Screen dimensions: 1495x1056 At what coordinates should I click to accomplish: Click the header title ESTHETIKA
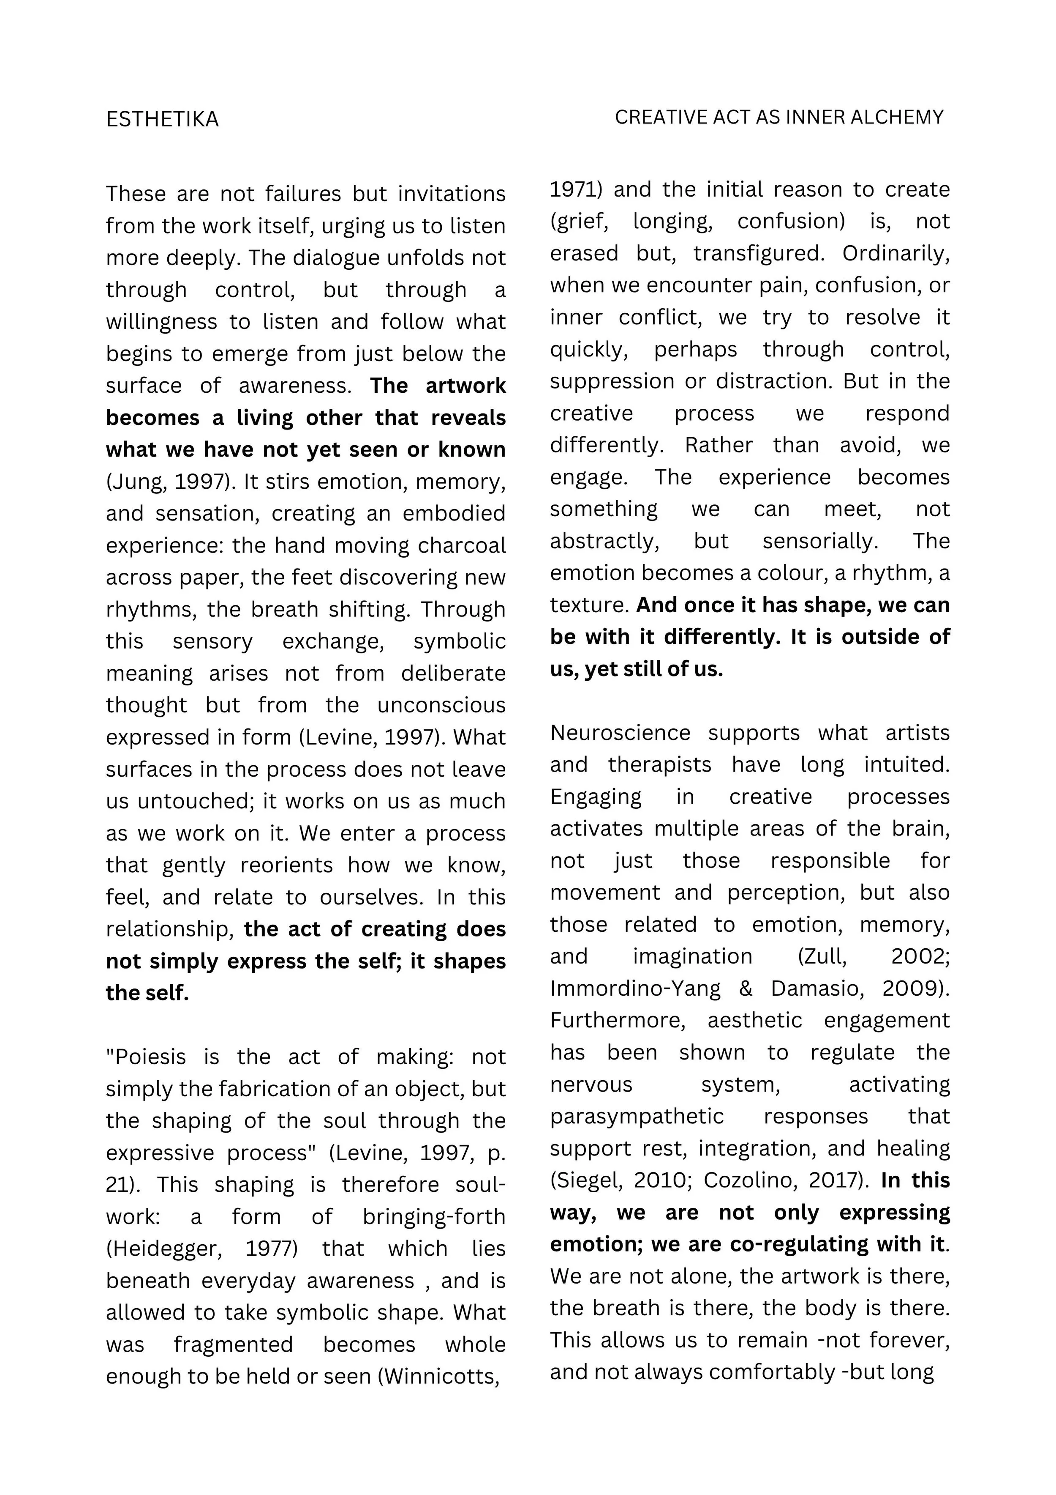click(162, 119)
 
